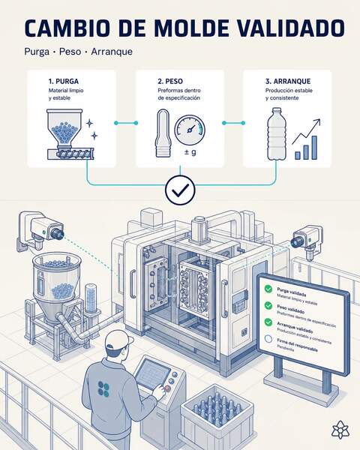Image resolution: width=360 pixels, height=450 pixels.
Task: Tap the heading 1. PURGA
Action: pos(64,81)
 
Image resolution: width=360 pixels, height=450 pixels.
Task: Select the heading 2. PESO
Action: pos(170,81)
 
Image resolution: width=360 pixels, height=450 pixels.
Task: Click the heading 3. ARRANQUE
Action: pos(288,81)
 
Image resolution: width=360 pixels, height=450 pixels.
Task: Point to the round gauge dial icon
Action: pos(190,130)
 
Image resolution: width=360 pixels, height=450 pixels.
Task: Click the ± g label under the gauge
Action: pos(190,151)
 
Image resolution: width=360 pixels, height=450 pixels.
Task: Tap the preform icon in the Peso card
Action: pos(163,133)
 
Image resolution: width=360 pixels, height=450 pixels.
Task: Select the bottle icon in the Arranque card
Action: pos(277,133)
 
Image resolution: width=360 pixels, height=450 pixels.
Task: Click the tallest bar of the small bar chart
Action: pos(314,148)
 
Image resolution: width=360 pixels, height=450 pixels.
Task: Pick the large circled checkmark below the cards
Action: pos(180,190)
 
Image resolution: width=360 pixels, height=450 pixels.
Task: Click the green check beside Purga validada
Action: pos(268,289)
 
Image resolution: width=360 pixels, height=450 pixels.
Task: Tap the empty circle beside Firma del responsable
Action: pos(268,339)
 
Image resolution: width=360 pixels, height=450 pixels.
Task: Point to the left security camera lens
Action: pos(57,232)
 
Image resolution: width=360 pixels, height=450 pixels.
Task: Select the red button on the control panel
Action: pos(168,388)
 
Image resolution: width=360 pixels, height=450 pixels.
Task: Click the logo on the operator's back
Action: pos(103,388)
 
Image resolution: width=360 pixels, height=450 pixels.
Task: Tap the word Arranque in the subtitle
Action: pos(112,52)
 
